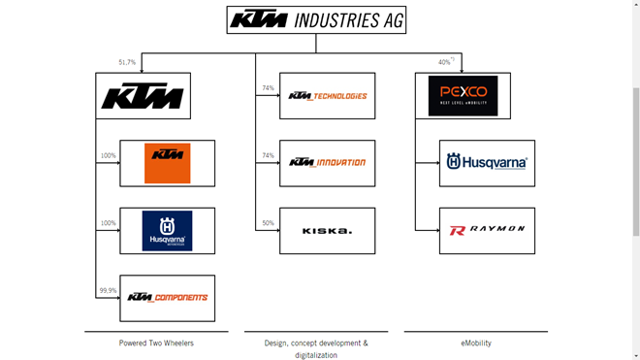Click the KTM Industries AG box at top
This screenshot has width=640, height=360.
click(316, 20)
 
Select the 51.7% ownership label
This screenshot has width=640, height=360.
click(127, 62)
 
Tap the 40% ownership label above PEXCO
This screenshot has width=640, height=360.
click(445, 62)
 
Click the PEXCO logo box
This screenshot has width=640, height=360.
click(463, 96)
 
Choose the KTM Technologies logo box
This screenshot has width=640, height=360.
click(327, 96)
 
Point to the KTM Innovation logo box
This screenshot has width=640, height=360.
click(327, 163)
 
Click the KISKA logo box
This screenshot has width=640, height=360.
click(327, 231)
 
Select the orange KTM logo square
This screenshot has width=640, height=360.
click(167, 163)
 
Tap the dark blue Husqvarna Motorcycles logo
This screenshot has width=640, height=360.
click(167, 231)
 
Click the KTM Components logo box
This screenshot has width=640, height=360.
click(167, 298)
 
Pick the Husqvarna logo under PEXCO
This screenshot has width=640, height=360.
click(487, 163)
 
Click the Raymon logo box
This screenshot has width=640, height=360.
click(487, 231)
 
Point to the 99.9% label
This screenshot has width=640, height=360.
click(108, 290)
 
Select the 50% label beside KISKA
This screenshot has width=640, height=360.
click(268, 223)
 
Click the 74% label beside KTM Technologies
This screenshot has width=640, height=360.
click(268, 88)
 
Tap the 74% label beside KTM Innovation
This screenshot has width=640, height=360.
click(268, 155)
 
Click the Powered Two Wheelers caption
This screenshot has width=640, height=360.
click(156, 344)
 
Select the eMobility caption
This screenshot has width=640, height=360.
click(476, 344)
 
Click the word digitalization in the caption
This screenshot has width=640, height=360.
click(316, 355)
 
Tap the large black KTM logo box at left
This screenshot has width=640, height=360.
click(143, 96)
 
